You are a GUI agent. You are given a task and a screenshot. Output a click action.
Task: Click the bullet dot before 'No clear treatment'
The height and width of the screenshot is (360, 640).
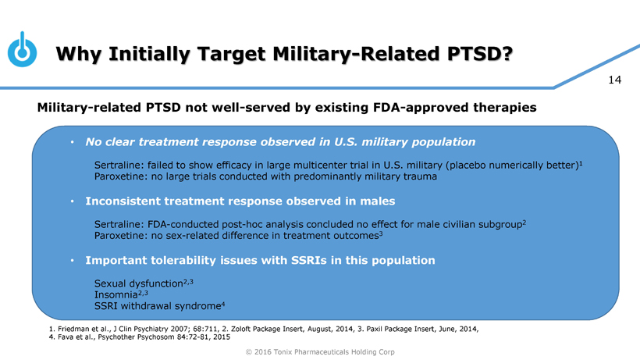coord(72,143)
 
